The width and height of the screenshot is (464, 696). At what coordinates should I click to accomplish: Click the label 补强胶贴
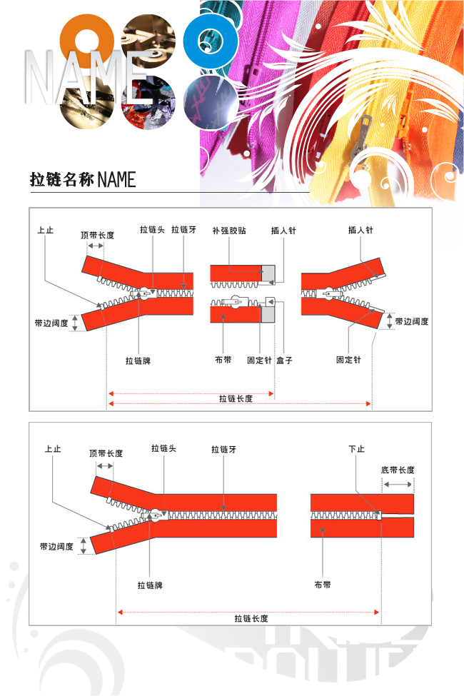click(229, 231)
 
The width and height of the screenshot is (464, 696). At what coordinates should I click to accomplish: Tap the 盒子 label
click(284, 360)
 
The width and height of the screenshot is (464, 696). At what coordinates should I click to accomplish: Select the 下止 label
click(356, 449)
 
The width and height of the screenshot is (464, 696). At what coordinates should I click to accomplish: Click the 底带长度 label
click(398, 470)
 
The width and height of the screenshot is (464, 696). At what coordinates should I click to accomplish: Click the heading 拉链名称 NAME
click(83, 180)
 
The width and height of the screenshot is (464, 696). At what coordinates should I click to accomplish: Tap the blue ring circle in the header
click(210, 41)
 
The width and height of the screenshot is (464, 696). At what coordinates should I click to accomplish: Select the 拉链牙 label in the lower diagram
click(223, 449)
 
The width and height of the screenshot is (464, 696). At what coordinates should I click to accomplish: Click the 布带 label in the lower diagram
click(323, 585)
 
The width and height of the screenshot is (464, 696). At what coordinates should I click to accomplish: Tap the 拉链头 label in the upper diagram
click(152, 229)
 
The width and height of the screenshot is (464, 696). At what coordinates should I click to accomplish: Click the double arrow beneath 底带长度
click(398, 484)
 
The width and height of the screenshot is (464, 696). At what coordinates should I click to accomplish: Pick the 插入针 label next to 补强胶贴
click(283, 231)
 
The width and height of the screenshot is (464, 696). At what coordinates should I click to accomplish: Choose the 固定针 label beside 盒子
click(259, 360)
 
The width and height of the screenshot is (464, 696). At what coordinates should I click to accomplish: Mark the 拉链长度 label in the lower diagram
click(251, 618)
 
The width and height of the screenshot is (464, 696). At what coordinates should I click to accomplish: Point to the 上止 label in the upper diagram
click(45, 230)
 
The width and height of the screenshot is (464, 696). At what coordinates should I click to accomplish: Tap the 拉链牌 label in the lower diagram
click(150, 585)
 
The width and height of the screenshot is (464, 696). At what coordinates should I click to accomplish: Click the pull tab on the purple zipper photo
click(256, 69)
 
